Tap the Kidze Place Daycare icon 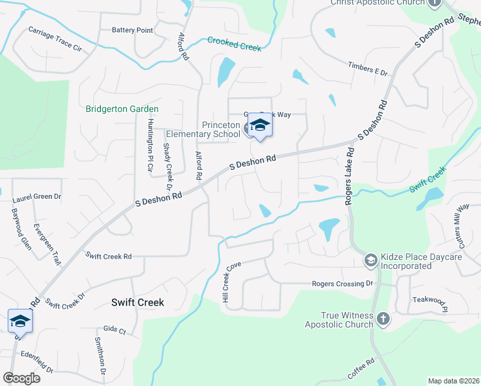tap(370, 260)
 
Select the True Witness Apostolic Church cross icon tap(383, 318)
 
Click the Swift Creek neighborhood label tap(138, 302)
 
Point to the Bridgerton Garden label tap(122, 109)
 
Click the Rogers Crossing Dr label tap(342, 284)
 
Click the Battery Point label tap(132, 30)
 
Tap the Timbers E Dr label tap(368, 69)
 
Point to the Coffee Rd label tap(361, 369)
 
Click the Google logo tap(21, 378)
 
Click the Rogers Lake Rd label tap(350, 178)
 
